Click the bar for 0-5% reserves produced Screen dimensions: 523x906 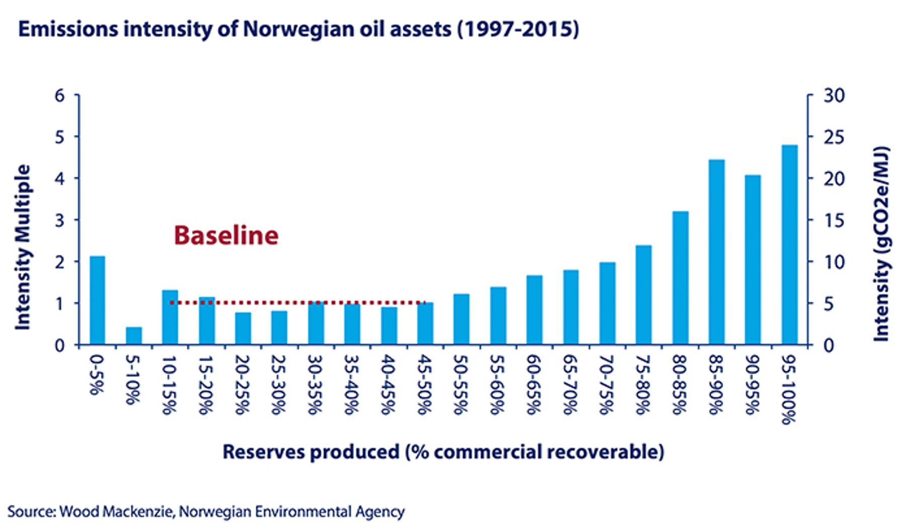97,300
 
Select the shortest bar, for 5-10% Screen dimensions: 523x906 134,336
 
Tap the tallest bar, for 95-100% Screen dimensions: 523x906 789,245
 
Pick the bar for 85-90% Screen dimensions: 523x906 716,252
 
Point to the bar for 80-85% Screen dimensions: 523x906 680,278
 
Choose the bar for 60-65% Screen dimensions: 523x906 535,310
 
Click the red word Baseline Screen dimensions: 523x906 226,235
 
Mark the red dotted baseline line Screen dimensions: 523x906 297,303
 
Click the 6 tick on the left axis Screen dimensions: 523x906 60,95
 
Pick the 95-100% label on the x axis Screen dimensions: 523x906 789,390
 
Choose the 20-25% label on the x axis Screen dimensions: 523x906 242,385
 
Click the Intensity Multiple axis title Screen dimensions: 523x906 23,247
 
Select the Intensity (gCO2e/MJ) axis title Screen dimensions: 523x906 881,244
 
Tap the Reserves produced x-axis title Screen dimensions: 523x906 443,452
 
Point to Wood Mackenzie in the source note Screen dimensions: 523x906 117,512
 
